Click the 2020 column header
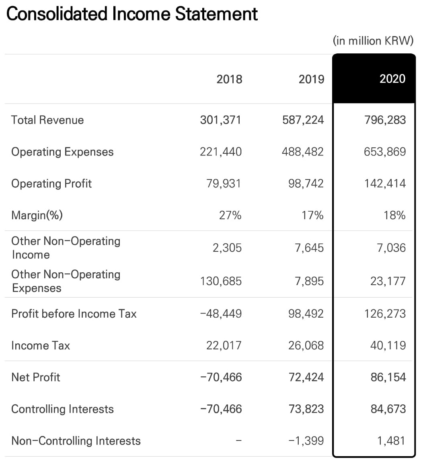[392, 79]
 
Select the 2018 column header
[229, 79]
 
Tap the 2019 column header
[311, 79]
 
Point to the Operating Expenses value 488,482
[303, 152]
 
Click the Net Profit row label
[36, 377]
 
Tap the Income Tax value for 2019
[306, 345]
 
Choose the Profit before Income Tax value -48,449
[221, 314]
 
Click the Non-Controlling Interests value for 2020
[391, 441]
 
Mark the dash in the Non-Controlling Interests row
[239, 441]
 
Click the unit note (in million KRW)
[373, 41]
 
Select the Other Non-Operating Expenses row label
[66, 281]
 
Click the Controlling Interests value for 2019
[306, 409]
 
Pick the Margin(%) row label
[37, 215]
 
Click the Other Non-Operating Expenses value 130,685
[221, 281]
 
